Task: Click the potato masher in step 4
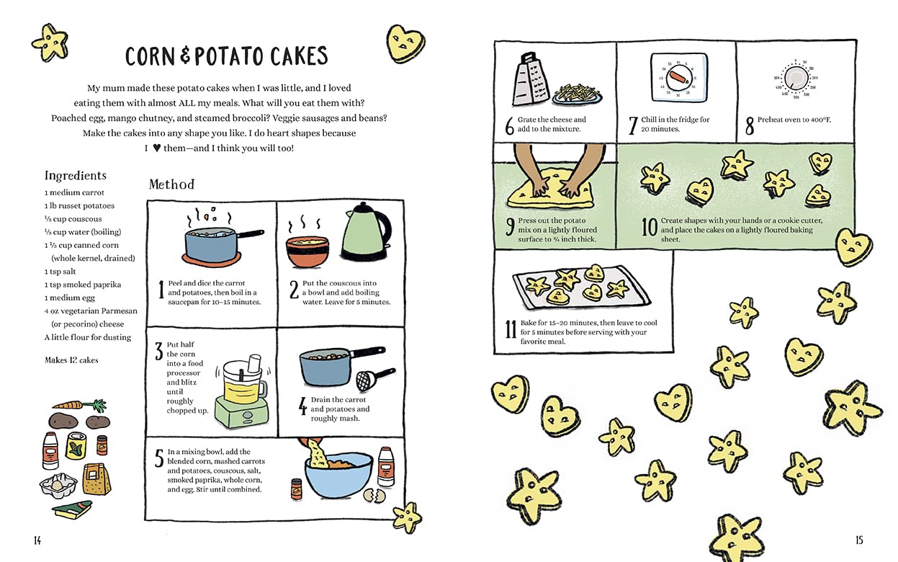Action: click(374, 378)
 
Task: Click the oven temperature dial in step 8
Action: click(795, 78)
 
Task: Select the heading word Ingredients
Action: click(75, 176)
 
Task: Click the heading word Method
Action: click(171, 184)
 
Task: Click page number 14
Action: click(37, 540)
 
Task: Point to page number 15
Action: click(858, 540)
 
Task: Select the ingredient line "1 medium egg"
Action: click(69, 298)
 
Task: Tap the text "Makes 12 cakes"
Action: click(71, 360)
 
